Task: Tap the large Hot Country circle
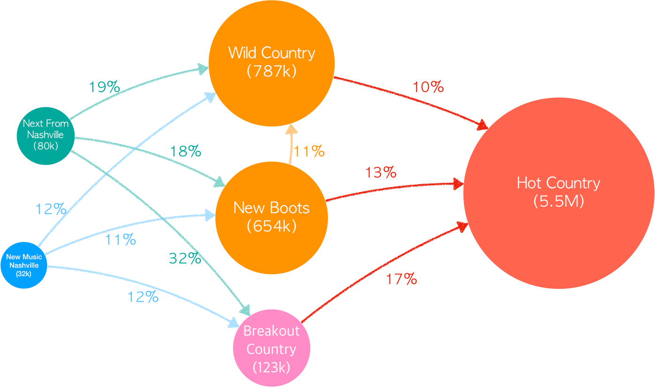[x=558, y=193]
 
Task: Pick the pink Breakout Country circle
[x=271, y=348]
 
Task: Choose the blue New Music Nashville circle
[x=23, y=265]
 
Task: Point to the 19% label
[x=104, y=87]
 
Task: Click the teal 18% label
[x=185, y=151]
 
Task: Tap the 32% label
[x=185, y=258]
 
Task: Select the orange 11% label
[x=309, y=151]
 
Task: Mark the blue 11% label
[x=120, y=240]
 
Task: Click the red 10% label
[x=428, y=87]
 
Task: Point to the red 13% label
[x=381, y=173]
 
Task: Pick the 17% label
[x=401, y=279]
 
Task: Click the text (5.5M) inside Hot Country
[x=558, y=201]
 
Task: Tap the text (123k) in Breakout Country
[x=271, y=367]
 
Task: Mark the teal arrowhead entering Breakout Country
[x=245, y=310]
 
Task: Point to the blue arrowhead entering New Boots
[x=209, y=216]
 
